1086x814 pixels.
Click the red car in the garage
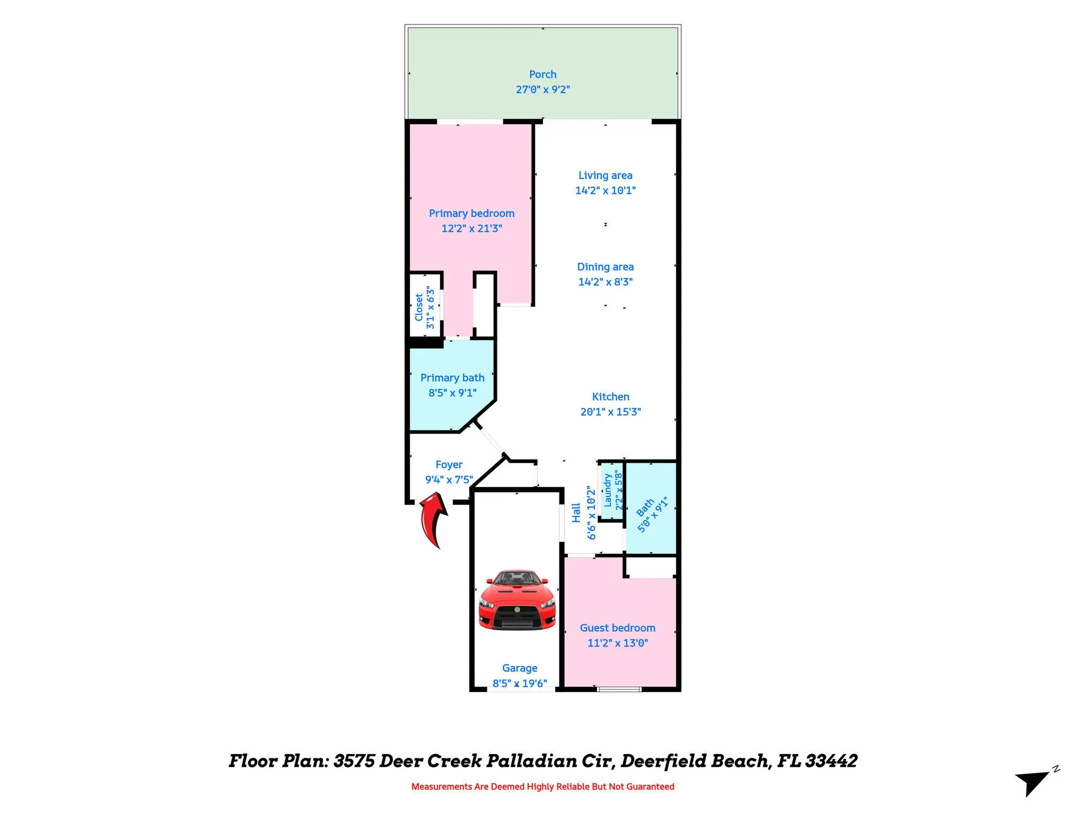517,600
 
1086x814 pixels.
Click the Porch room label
542,75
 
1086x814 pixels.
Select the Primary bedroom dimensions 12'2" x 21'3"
471,228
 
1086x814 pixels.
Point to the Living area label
605,175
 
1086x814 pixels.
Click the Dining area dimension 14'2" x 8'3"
605,282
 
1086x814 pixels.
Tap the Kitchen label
610,397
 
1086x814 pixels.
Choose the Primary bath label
452,378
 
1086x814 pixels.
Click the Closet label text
419,307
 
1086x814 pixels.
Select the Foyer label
449,465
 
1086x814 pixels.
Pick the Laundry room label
608,490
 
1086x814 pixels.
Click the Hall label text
576,513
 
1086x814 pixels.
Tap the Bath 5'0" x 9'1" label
651,515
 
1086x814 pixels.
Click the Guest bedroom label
617,628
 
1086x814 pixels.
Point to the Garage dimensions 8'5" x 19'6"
520,684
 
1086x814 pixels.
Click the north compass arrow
1032,783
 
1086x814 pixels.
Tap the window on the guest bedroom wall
619,689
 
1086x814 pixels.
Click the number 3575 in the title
354,761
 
